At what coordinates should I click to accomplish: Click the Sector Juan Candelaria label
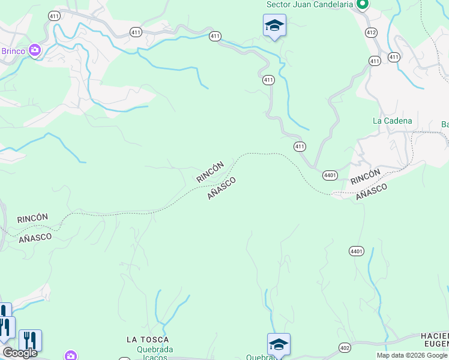point(309,5)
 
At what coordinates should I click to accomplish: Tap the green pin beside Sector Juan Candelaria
point(362,5)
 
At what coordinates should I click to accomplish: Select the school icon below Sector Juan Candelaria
point(274,25)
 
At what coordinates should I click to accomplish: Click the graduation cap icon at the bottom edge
point(279,345)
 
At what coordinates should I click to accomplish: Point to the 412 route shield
point(371,32)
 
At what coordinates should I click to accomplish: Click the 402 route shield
point(344,347)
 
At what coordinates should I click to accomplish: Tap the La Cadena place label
point(393,121)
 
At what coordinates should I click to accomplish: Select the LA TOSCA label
point(148,340)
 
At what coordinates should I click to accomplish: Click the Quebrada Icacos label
point(155,353)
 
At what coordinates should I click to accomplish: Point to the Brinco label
point(13,51)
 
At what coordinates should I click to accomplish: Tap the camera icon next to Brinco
point(35,50)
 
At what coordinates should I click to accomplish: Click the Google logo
point(20,353)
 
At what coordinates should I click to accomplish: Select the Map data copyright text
point(412,355)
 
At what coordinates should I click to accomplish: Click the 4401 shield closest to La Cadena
point(330,175)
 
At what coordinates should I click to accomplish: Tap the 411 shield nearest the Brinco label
point(55,16)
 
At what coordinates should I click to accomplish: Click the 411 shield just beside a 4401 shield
point(300,146)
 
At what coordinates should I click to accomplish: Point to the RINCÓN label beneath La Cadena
point(366,176)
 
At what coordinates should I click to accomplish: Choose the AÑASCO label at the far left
point(35,237)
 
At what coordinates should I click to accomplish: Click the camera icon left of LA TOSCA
point(71,356)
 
